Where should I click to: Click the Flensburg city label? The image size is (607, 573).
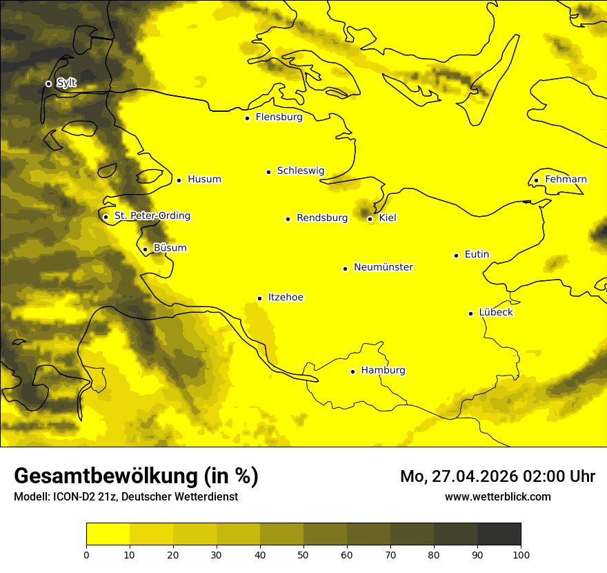[279, 117]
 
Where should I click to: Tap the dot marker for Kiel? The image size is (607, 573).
[370, 219]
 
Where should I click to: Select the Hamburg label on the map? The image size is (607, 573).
[383, 371]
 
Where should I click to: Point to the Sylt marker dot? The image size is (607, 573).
[48, 84]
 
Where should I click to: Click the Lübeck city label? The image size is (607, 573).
[495, 313]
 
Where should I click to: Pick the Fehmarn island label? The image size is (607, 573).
[566, 179]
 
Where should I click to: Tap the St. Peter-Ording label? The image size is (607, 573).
[152, 216]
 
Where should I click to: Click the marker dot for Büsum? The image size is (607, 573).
[145, 250]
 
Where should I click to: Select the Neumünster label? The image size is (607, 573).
[384, 267]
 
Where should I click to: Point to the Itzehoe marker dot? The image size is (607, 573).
[259, 299]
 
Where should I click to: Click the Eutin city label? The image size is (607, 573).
[477, 255]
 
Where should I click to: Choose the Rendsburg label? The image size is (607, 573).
[322, 218]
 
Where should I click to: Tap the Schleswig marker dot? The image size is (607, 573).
[268, 172]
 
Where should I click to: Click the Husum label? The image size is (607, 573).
[204, 179]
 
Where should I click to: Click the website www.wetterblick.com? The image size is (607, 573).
[497, 496]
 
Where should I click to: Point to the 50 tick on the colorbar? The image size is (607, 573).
[303, 554]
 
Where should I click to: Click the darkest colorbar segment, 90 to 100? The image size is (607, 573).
[499, 534]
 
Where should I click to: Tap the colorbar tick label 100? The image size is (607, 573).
[521, 554]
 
